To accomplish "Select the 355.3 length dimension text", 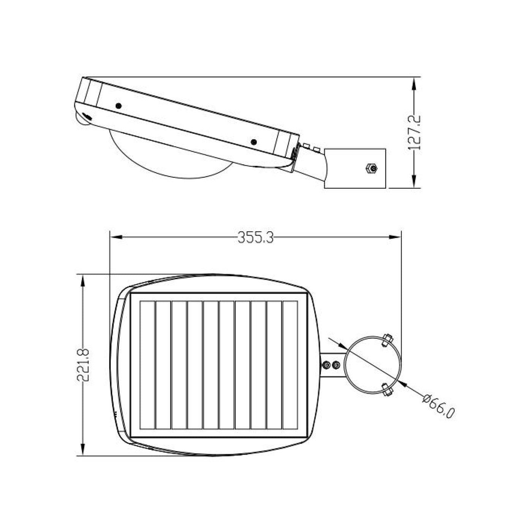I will click(256, 237).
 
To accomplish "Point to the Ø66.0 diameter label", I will click(439, 407).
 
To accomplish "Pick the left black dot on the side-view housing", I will click(119, 106).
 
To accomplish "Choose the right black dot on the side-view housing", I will click(254, 142).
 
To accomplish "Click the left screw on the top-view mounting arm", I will click(326, 365).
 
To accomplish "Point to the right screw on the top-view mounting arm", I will click(336, 365).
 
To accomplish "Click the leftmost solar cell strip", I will click(147, 365).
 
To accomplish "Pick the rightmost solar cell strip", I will click(290, 365).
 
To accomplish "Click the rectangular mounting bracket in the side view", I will click(355, 168).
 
